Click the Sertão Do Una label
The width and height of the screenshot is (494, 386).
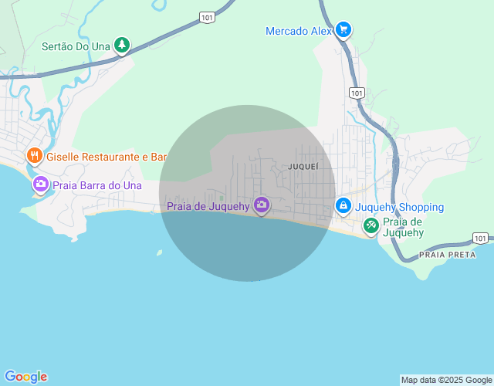[x=76, y=46]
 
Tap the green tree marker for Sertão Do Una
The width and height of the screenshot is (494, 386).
[x=121, y=46]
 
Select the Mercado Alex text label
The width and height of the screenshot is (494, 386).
[x=298, y=31]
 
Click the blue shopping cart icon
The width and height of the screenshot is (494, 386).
[x=343, y=30]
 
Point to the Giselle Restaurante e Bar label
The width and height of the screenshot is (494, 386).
[x=107, y=157]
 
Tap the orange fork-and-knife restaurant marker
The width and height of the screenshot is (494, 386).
[x=34, y=156]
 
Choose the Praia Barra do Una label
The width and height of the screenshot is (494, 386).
[x=97, y=185]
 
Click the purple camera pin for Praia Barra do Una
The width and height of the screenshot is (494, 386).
[x=40, y=185]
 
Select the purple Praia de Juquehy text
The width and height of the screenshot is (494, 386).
[x=208, y=206]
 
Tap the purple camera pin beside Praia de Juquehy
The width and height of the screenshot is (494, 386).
[x=262, y=205]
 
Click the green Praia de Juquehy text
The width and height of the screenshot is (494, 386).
[x=404, y=227]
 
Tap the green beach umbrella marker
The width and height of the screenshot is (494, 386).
[x=371, y=225]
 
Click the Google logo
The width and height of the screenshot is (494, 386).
[x=25, y=377]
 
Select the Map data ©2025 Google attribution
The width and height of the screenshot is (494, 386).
[x=447, y=380]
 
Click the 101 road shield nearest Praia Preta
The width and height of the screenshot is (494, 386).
[x=480, y=238]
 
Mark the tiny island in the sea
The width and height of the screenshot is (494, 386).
[x=160, y=252]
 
